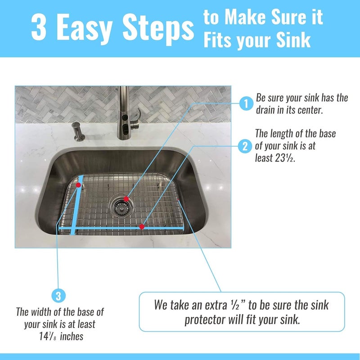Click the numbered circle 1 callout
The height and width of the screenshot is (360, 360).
click(246, 104)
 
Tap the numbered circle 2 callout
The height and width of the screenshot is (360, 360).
click(245, 146)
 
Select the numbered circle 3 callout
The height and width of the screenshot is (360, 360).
click(58, 296)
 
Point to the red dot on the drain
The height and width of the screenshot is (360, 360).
click(126, 199)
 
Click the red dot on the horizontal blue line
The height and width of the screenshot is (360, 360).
click(142, 227)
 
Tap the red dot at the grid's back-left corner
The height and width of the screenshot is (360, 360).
click(78, 185)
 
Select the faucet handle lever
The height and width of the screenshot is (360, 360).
click(135, 119)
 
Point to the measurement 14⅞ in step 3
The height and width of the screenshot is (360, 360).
click(48, 337)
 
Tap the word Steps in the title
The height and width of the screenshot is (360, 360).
click(158, 30)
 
